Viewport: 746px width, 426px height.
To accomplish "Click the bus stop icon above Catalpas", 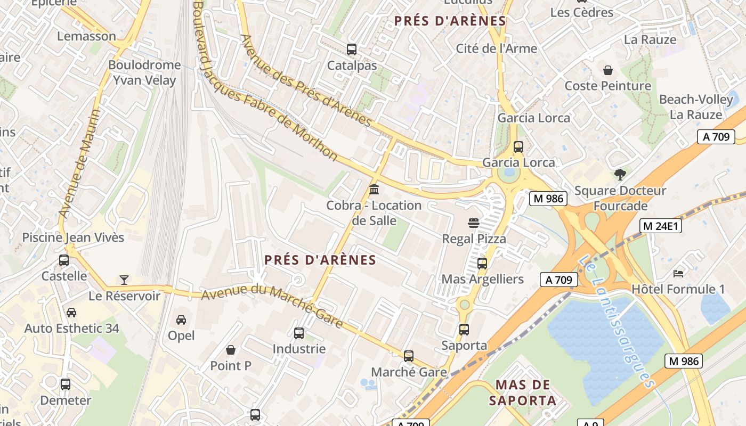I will tap(352, 50).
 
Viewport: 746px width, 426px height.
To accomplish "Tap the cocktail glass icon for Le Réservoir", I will tap(124, 280).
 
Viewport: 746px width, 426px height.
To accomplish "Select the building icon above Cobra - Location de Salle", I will tap(374, 189).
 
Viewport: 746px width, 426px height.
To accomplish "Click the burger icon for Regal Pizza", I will tap(474, 223).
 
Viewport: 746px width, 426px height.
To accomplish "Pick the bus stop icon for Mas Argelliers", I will tap(482, 263).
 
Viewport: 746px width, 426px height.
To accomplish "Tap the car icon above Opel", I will tap(181, 319).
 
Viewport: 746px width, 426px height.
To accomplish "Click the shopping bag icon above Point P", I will tap(231, 350).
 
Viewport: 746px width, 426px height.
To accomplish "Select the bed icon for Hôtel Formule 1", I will tap(678, 273).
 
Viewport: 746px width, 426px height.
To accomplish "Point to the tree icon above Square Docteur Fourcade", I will tap(620, 174).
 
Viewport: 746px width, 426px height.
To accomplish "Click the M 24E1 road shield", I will tap(661, 226).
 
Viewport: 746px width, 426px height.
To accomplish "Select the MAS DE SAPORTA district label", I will tap(526, 392).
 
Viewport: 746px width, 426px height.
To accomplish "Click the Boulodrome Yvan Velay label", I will tap(144, 72).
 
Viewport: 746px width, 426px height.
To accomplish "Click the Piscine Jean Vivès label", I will tap(73, 237).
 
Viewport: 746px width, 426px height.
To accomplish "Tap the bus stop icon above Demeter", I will tap(66, 384).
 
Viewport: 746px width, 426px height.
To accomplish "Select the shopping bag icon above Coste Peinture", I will tap(607, 70).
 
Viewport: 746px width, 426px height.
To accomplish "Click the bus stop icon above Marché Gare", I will tap(409, 356).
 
